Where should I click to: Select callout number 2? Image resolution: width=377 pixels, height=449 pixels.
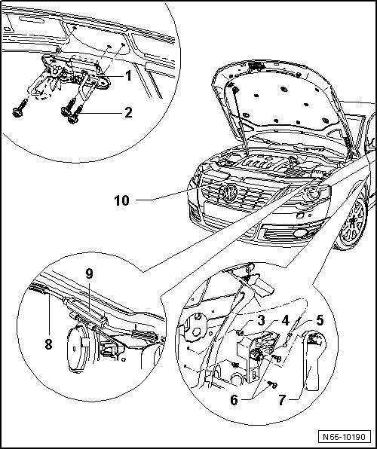(x=128, y=113)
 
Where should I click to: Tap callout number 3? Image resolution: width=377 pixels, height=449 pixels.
(x=261, y=321)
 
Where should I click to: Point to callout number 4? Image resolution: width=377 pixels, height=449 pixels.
(x=286, y=321)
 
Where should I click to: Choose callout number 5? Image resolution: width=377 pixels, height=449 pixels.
(x=320, y=320)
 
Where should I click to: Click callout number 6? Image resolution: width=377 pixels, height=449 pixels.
(x=234, y=400)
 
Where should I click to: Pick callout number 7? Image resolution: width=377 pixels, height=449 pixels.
(x=283, y=400)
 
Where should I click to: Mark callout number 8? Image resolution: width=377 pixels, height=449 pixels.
(x=49, y=344)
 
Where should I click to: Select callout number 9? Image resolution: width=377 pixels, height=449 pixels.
(x=89, y=274)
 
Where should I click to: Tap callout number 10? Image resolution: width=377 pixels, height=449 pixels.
(x=122, y=200)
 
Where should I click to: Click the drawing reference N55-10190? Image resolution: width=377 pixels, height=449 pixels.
(x=345, y=437)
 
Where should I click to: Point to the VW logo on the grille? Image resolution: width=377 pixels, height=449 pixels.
(x=228, y=193)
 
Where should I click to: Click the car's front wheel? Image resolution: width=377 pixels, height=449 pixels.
(x=352, y=224)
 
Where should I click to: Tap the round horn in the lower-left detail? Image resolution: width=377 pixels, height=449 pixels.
(x=78, y=349)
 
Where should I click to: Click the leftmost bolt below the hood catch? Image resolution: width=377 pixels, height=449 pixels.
(x=19, y=109)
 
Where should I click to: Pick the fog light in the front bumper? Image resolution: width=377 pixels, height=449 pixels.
(x=300, y=233)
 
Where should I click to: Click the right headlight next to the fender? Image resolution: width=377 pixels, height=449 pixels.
(x=314, y=194)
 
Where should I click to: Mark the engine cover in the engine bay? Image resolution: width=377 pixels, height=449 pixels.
(x=262, y=163)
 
